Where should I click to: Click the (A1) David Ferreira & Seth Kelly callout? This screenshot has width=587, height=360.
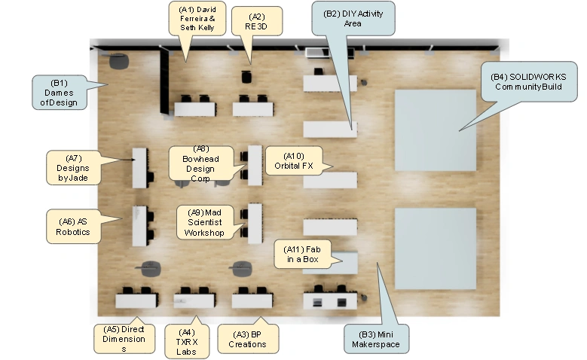pyautogui.click(x=197, y=18)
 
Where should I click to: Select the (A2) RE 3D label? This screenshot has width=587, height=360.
pyautogui.click(x=256, y=22)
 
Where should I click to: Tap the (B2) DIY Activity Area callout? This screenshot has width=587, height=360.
pyautogui.click(x=353, y=18)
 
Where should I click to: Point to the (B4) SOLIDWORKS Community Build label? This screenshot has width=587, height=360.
pyautogui.click(x=528, y=82)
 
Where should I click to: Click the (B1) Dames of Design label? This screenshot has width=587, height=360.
pyautogui.click(x=59, y=93)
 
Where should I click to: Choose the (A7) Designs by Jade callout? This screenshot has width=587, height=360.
pyautogui.click(x=74, y=168)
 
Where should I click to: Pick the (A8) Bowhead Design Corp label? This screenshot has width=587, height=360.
pyautogui.click(x=200, y=164)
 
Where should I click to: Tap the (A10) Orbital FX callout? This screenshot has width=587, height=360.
pyautogui.click(x=294, y=161)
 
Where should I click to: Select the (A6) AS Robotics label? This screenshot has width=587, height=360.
pyautogui.click(x=73, y=227)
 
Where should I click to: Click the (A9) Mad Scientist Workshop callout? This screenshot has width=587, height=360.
pyautogui.click(x=205, y=223)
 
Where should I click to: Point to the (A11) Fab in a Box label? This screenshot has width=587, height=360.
pyautogui.click(x=302, y=255)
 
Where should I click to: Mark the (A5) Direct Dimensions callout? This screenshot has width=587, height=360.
pyautogui.click(x=124, y=339)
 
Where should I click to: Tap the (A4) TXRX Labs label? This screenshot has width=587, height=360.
pyautogui.click(x=187, y=342)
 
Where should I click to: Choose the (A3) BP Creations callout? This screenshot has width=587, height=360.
pyautogui.click(x=248, y=339)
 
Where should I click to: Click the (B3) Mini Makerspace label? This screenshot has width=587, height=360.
pyautogui.click(x=376, y=340)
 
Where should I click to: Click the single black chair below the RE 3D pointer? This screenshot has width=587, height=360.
pyautogui.click(x=246, y=76)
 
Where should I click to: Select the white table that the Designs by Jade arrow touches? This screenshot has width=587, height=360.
pyautogui.click(x=139, y=168)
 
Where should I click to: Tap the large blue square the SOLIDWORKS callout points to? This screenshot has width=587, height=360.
pyautogui.click(x=436, y=130)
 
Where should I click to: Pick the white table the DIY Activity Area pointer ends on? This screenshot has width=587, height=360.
pyautogui.click(x=330, y=129)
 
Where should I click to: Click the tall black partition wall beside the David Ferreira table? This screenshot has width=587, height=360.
pyautogui.click(x=164, y=81)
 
